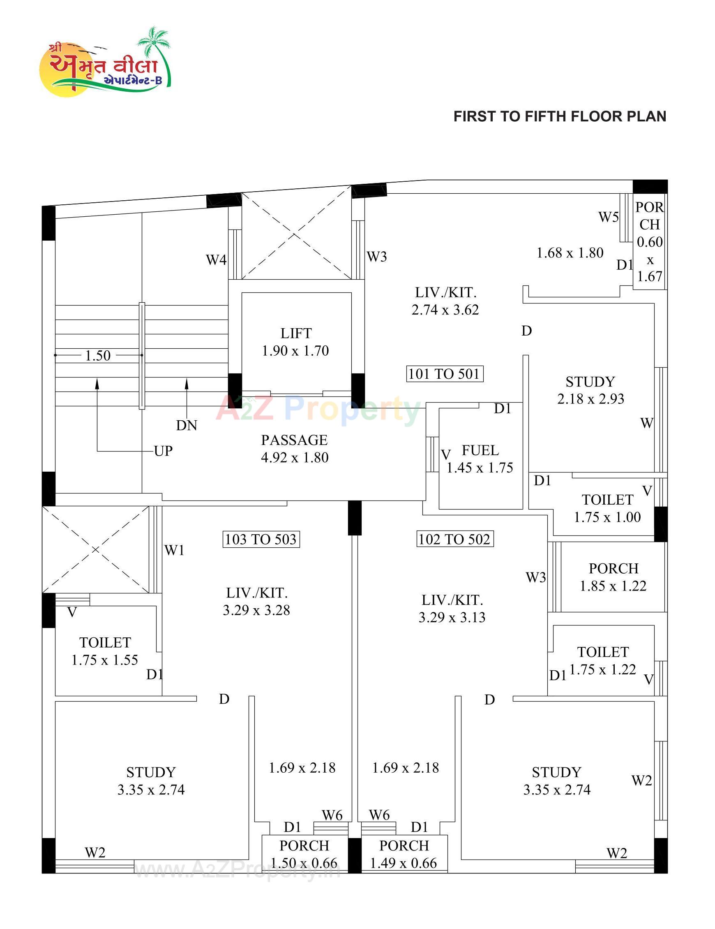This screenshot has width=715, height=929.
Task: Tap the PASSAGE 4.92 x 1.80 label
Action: point(294,448)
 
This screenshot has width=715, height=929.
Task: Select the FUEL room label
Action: point(480,450)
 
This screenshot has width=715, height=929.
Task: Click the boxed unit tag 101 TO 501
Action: point(444,374)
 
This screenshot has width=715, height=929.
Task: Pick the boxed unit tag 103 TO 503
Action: point(261,540)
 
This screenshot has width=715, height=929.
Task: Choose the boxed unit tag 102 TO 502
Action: point(454,540)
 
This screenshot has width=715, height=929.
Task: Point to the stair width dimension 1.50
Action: point(98,356)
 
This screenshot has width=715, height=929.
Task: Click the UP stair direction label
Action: point(163,451)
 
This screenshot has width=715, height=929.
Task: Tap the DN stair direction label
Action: point(187,425)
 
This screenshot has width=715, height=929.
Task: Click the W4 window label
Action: point(216,260)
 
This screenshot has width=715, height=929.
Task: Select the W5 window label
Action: point(608,218)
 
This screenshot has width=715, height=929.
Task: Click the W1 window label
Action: point(174,550)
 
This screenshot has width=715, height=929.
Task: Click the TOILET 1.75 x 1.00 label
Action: point(607,508)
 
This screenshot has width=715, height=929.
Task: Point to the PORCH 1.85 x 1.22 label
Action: point(613,577)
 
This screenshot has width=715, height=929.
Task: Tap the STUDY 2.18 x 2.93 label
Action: point(590,390)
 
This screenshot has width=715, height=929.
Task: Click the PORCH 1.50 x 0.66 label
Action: point(304,854)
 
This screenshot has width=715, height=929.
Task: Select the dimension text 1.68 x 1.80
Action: point(570,253)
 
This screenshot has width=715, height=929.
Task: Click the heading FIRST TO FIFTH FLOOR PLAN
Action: point(559,116)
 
